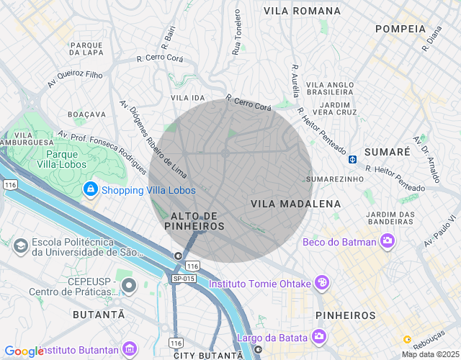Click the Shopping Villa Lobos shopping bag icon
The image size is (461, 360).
[91, 190]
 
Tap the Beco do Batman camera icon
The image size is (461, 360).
[388, 241]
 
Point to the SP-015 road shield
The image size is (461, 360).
[184, 278]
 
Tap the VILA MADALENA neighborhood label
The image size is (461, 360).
[295, 204]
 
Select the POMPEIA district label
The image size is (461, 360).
[400, 29]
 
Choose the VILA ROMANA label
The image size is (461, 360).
[302, 11]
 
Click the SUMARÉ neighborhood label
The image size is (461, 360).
[387, 152]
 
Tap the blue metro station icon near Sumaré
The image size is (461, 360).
[352, 159]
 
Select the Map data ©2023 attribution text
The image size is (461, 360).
[429, 354]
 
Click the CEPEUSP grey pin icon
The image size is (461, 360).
[129, 286]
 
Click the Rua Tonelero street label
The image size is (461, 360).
[236, 33]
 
